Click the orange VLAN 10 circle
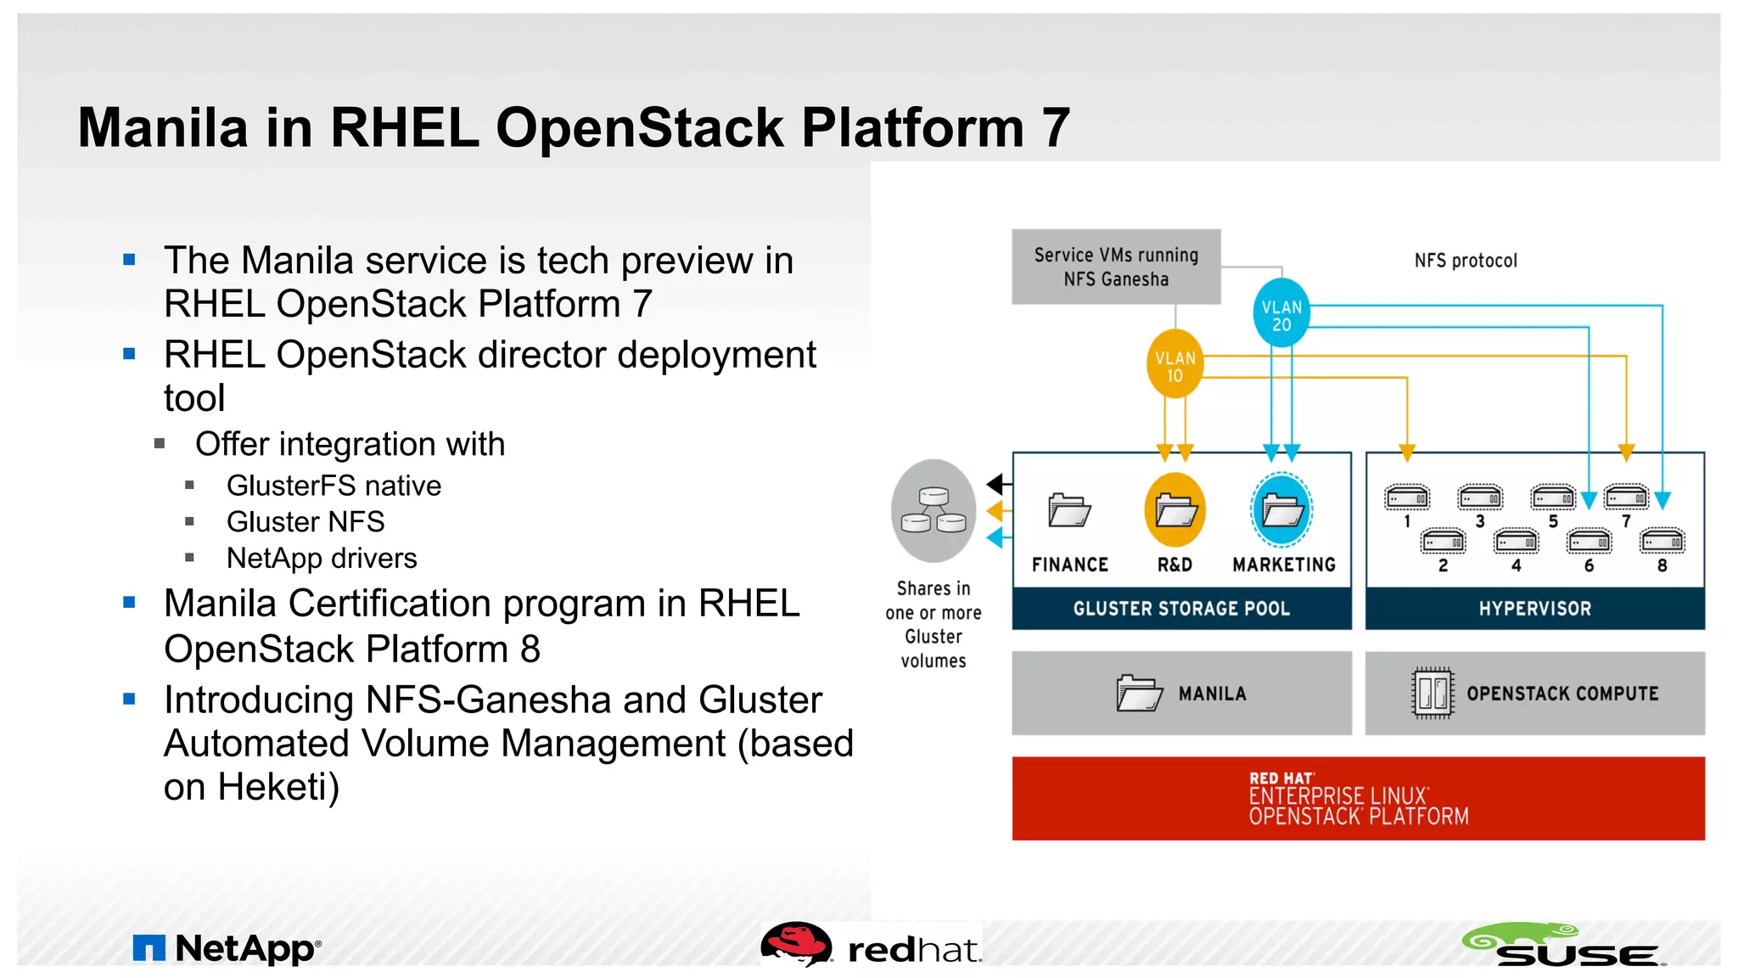point(1175,365)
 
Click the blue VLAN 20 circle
point(1281,314)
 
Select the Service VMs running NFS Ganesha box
point(1116,267)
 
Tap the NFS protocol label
point(1466,261)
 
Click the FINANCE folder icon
point(1068,510)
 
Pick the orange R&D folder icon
point(1175,510)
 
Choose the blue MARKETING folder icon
point(1282,510)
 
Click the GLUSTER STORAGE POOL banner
point(1181,609)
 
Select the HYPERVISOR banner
point(1534,609)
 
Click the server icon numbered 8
point(1662,541)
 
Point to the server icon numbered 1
point(1406,497)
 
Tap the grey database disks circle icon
point(933,511)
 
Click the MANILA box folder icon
point(1139,693)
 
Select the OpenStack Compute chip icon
point(1432,693)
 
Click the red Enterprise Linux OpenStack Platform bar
point(1358,798)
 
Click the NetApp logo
point(227,948)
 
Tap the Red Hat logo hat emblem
point(796,944)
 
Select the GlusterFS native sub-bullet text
point(334,486)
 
